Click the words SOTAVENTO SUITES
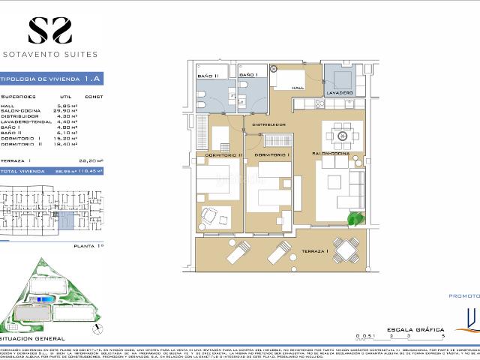pos(50,54)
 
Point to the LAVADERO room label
pos(339,92)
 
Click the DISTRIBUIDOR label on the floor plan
pos(267,124)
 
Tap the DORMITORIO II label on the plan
pos(219,154)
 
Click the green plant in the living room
pos(354,218)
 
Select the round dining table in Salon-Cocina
pos(343,136)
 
